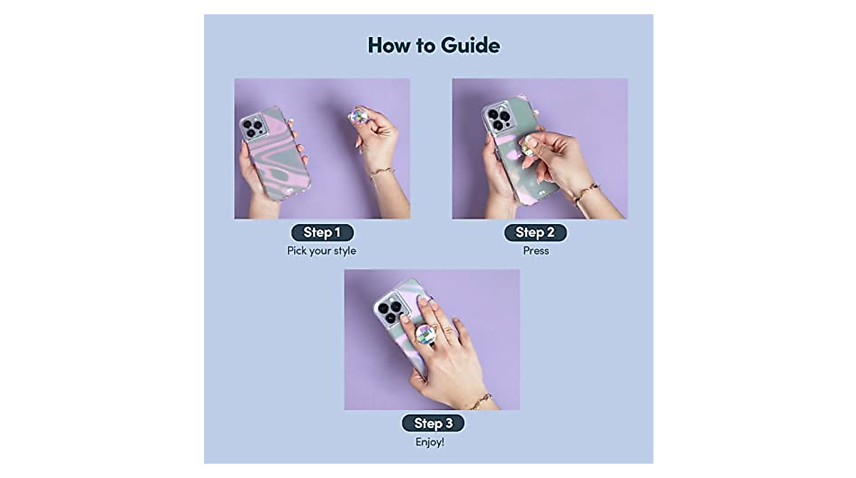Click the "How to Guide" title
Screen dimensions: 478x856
[x=434, y=46]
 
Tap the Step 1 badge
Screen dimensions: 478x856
[x=322, y=233]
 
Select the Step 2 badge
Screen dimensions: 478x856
[x=535, y=233]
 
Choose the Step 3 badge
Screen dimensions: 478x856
[x=433, y=423]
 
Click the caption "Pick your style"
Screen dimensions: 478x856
[x=322, y=251]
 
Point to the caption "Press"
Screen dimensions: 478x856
[x=536, y=251]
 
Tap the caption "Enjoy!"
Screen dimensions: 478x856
[x=430, y=442]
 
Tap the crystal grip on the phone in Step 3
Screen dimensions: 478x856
[x=427, y=333]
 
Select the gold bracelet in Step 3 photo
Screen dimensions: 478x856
[x=479, y=400]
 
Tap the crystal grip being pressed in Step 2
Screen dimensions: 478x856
[x=529, y=145]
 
